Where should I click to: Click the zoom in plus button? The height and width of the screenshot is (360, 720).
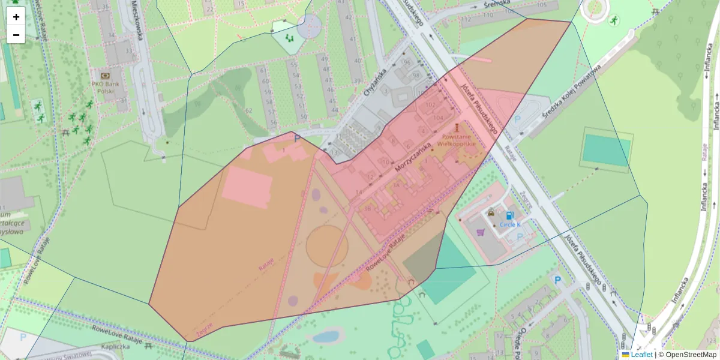16,17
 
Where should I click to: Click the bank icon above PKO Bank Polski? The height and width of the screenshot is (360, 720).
106,76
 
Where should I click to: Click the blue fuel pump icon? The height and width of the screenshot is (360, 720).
510,215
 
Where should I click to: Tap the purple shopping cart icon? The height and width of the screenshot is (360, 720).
479,232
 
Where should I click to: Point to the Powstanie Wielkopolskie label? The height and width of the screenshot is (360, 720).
456,140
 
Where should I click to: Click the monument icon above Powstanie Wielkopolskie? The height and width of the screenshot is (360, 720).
457,127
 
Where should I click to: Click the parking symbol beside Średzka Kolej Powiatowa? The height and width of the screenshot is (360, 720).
517,119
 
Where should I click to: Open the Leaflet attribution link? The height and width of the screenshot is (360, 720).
641,355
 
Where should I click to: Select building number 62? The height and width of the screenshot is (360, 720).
248,110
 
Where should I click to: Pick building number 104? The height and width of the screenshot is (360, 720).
437,118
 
